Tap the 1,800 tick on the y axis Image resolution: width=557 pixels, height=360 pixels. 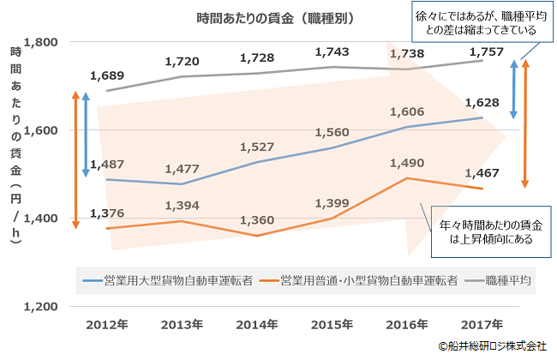41,43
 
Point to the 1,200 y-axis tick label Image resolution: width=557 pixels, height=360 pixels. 41,306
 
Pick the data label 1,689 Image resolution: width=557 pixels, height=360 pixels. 107,75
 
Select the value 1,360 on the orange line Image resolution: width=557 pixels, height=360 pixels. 257,219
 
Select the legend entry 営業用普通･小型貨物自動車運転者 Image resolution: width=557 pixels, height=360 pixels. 360,280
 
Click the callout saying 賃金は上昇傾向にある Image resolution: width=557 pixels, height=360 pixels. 491,232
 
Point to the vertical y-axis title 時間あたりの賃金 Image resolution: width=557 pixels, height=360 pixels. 16,146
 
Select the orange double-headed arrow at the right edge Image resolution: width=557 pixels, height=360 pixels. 524,124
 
